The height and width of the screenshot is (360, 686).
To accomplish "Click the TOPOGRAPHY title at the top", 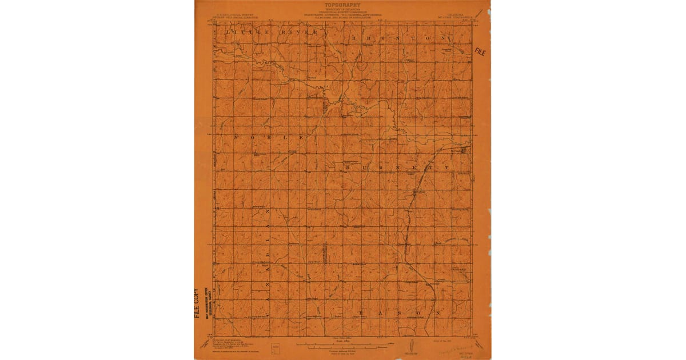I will pyautogui.click(x=342, y=5).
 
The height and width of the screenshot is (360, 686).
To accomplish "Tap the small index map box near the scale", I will pyautogui.click(x=277, y=347).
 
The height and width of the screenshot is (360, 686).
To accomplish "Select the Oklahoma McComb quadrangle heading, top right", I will pyautogui.click(x=456, y=17).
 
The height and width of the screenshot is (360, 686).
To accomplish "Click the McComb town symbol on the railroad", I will pyautogui.click(x=464, y=151).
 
